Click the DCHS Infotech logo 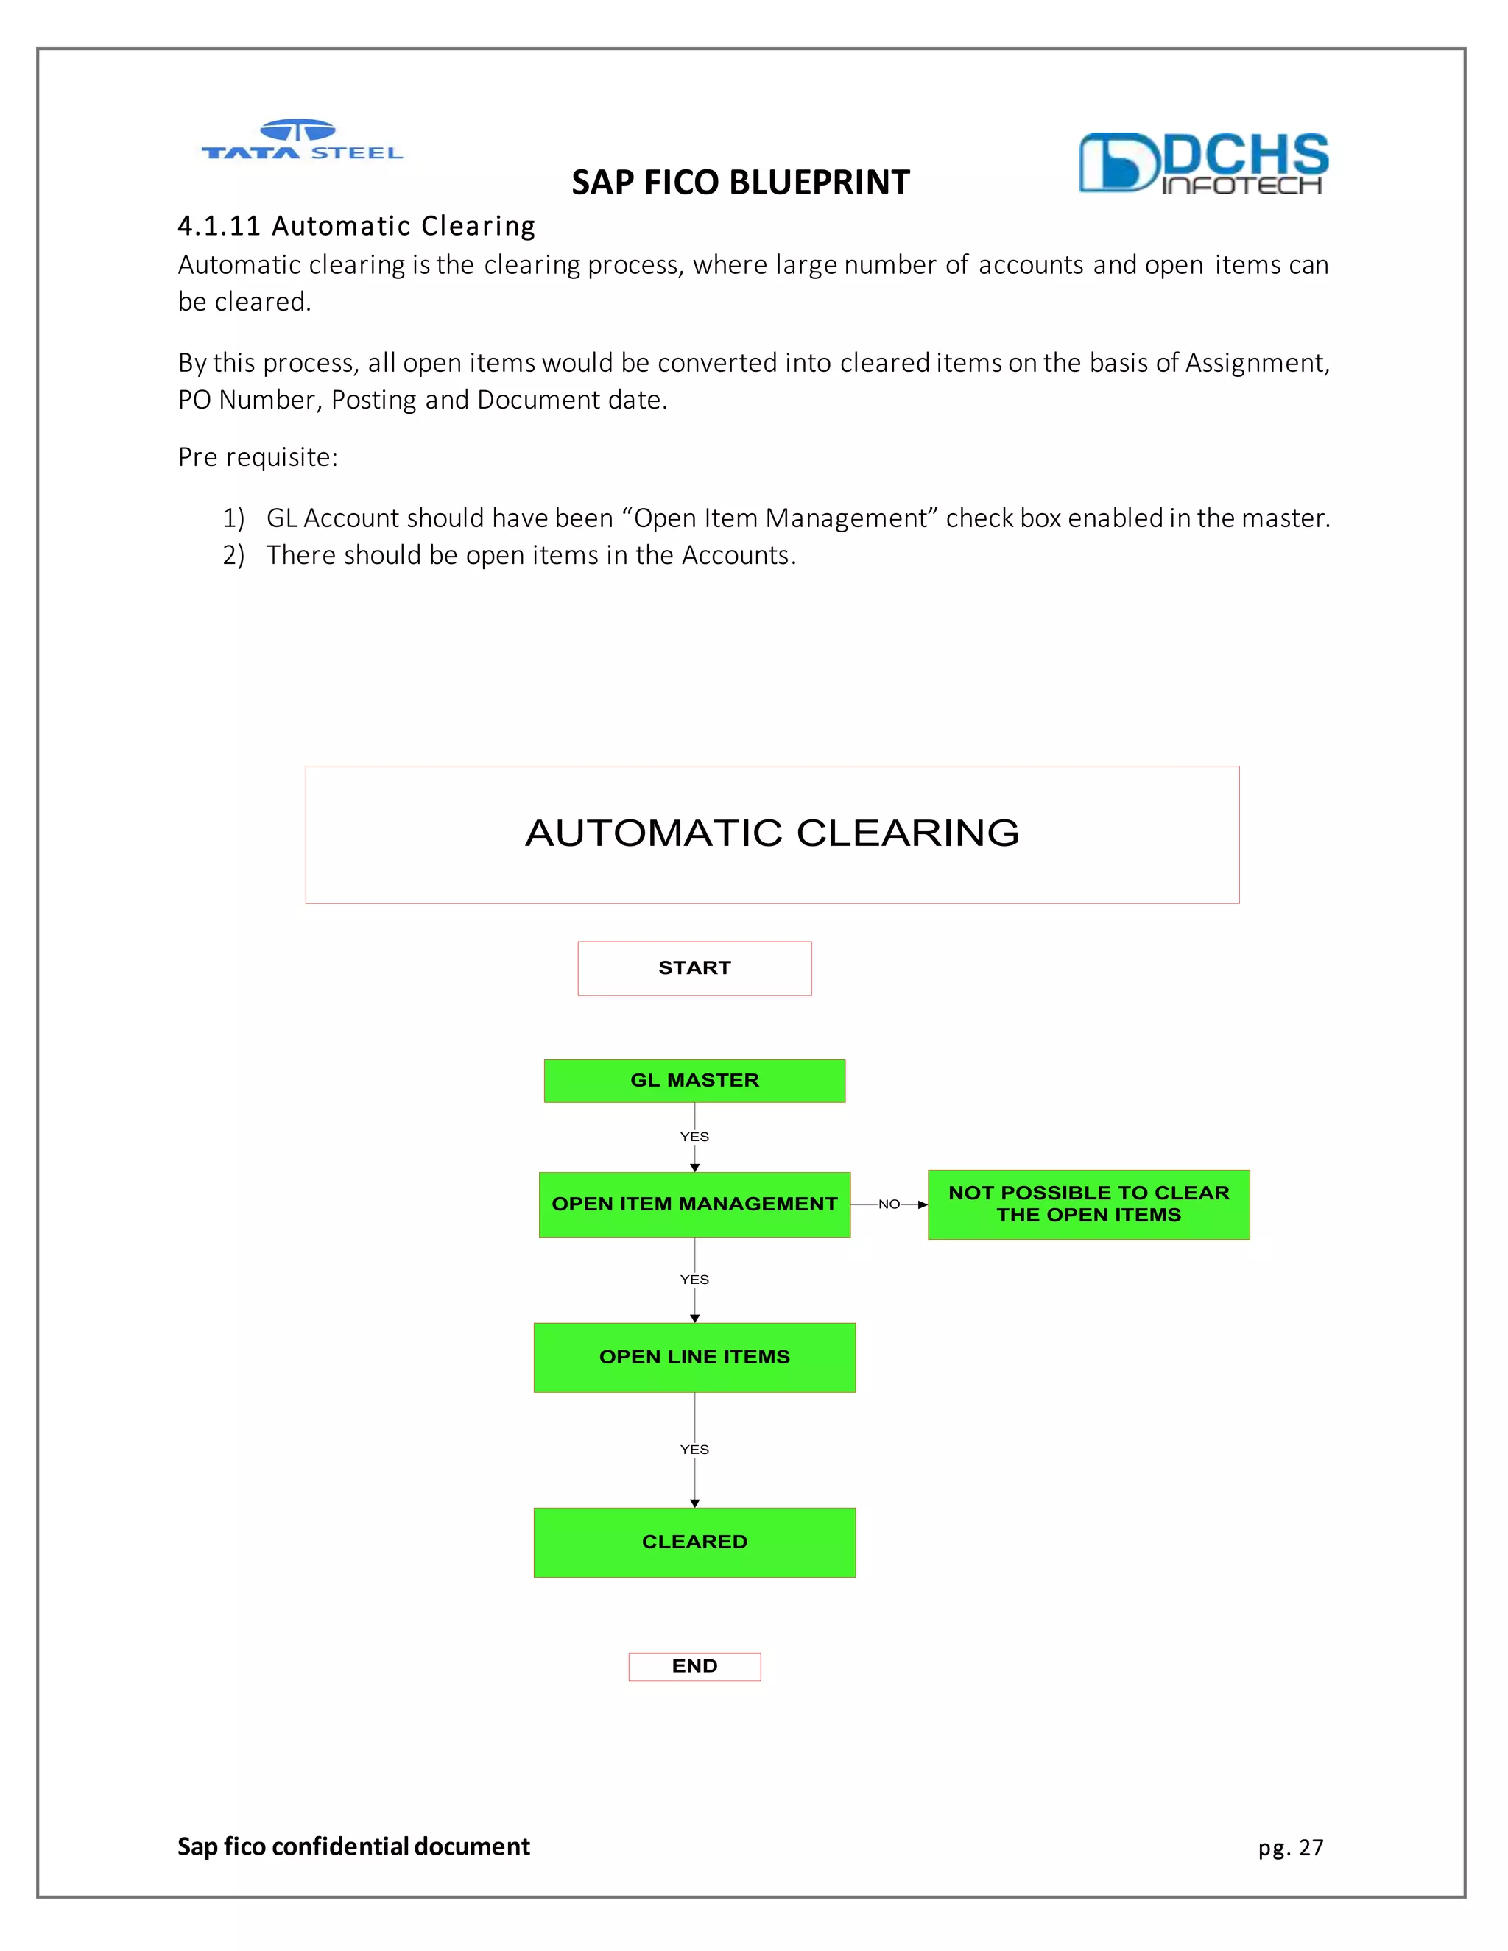[x=1202, y=163]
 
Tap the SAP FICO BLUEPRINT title [x=740, y=183]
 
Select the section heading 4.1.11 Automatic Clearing [x=356, y=226]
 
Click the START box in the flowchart [x=694, y=968]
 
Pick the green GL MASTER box [x=694, y=1081]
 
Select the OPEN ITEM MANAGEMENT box [x=694, y=1204]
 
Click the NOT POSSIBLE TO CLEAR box [x=1088, y=1204]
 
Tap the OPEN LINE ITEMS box [x=694, y=1357]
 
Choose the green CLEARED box [x=694, y=1542]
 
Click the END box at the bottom [x=694, y=1666]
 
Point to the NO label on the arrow [x=889, y=1204]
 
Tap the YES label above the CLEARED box [x=694, y=1450]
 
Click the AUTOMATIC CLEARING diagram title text [x=772, y=833]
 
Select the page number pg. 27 [x=1290, y=1847]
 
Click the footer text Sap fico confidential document [x=353, y=1846]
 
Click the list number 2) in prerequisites [x=233, y=556]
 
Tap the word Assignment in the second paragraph [x=1256, y=363]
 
